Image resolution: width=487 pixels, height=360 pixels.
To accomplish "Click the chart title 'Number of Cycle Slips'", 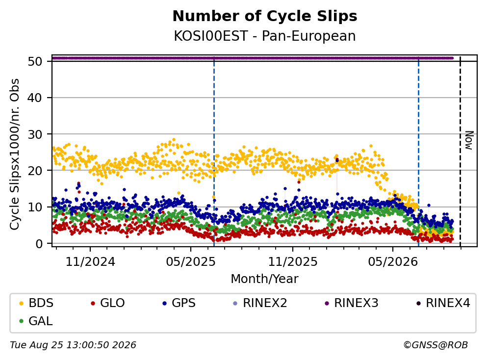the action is click(x=265, y=16).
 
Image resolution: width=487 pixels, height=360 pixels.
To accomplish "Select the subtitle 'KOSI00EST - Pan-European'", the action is click(x=265, y=36).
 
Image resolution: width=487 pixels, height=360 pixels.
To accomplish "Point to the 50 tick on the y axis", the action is click(x=35, y=61).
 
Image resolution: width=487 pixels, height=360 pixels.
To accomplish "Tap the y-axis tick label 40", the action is click(x=35, y=98).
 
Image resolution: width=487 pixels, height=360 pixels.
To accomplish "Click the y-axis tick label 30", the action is click(x=35, y=134).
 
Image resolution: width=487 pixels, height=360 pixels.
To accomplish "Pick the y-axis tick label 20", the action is click(x=35, y=171).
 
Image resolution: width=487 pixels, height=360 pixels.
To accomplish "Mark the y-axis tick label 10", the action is click(x=35, y=207).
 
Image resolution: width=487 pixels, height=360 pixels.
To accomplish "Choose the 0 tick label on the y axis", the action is click(x=39, y=244).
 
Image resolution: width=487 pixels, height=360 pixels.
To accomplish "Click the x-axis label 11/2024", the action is click(x=90, y=262).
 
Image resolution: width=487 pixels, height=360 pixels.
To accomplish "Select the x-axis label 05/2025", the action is click(x=191, y=262).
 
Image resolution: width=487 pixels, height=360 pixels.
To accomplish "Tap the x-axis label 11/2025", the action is click(x=293, y=262).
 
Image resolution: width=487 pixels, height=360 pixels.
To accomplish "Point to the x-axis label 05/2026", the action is click(x=393, y=262).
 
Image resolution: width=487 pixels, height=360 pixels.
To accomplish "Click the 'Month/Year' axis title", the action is click(x=265, y=279).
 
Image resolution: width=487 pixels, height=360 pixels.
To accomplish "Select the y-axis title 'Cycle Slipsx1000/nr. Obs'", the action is click(x=14, y=154).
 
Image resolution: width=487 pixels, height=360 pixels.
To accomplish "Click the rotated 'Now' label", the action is click(x=469, y=141).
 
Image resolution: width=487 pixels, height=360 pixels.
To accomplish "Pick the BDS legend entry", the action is click(x=36, y=303).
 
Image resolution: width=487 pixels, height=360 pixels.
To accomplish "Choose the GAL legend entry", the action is click(x=36, y=321).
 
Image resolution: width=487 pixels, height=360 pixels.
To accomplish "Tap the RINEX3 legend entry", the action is click(x=351, y=303).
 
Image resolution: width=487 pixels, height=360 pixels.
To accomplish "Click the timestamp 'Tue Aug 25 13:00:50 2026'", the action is click(x=73, y=345).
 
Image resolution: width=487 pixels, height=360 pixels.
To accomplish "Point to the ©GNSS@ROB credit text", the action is click(x=436, y=345).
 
